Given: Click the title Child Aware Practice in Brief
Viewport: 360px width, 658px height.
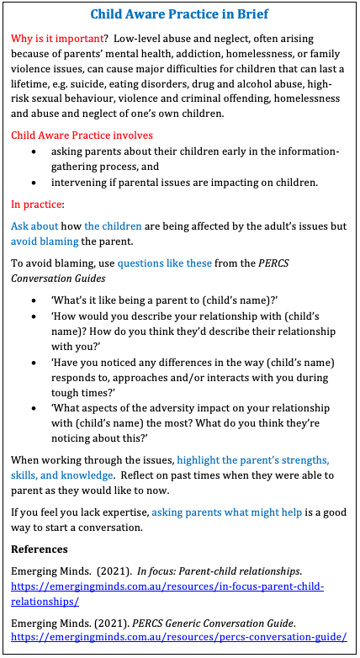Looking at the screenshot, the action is coord(179,16).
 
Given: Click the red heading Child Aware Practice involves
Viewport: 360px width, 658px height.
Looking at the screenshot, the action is coord(82,135).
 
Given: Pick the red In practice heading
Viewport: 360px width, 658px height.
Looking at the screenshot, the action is coord(37,204).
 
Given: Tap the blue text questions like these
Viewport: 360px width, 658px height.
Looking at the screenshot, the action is coord(164,263).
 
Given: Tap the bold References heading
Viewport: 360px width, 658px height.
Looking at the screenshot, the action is coord(45,549).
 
